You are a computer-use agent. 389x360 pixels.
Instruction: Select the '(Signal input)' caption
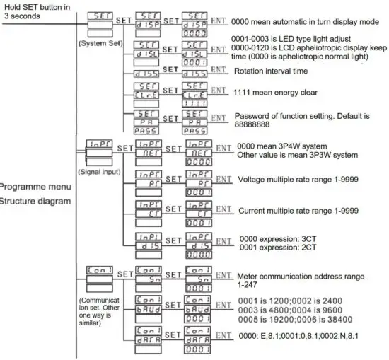click(x=100, y=171)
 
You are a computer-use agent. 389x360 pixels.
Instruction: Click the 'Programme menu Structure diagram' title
click(x=34, y=194)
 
